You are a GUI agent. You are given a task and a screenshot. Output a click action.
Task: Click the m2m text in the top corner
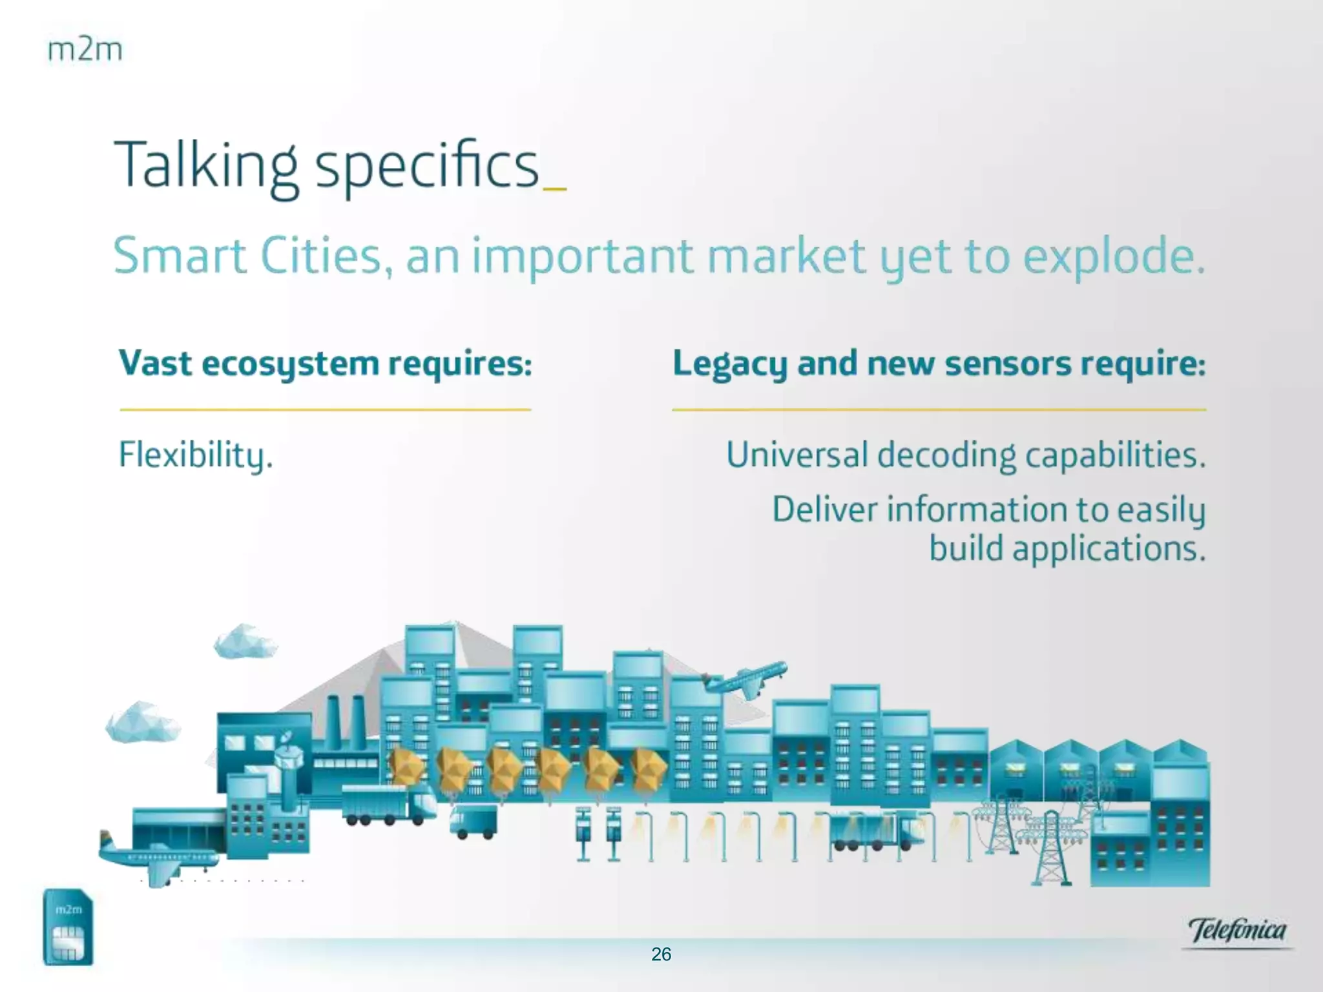(85, 50)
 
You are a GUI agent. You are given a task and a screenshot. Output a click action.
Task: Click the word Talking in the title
(206, 167)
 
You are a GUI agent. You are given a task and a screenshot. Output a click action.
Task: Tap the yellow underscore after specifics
(556, 189)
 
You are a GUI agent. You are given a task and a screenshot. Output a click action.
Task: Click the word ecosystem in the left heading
(290, 364)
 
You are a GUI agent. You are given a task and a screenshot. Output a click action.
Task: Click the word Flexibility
(196, 455)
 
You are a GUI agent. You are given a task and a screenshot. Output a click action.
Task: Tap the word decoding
(947, 455)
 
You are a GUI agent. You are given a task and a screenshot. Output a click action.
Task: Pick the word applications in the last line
(1109, 550)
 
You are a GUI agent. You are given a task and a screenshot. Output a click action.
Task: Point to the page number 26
(661, 955)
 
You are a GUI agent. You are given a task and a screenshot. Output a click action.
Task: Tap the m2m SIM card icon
(68, 927)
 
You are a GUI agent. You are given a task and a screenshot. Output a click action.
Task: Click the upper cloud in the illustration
(245, 641)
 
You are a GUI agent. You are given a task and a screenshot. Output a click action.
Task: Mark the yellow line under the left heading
(326, 409)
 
